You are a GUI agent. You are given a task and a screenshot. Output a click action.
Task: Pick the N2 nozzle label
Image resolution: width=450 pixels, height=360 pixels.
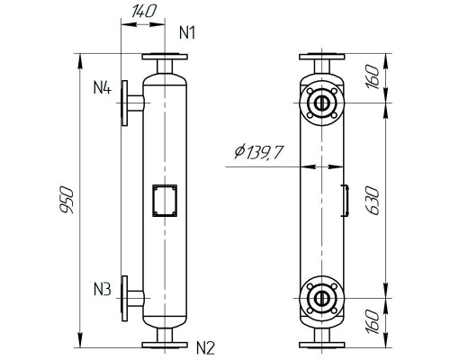(206, 346)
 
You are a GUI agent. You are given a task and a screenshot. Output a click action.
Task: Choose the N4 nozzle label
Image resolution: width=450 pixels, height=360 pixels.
(102, 89)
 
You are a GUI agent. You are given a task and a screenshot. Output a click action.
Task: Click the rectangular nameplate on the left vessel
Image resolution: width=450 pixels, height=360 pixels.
(164, 200)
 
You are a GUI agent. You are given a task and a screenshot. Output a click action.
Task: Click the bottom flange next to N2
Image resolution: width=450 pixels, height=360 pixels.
(164, 342)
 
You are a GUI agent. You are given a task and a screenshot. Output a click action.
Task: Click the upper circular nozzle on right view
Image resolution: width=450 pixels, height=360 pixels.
(320, 102)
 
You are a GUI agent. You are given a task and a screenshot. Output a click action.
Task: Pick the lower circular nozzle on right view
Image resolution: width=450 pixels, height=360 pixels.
(320, 297)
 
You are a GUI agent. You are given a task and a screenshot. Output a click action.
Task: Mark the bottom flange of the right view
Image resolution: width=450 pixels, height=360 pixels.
(320, 342)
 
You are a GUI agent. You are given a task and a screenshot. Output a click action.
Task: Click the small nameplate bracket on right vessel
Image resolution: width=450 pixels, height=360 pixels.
(345, 200)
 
